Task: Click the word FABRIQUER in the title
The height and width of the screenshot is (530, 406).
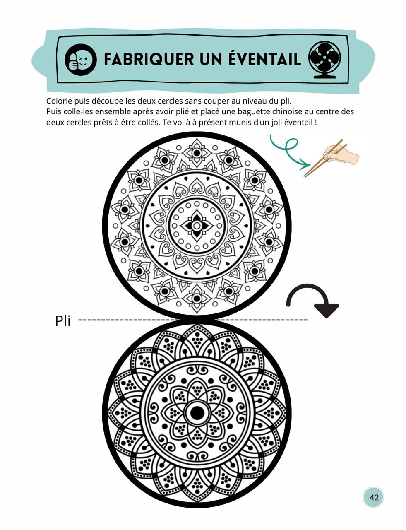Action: [149, 59]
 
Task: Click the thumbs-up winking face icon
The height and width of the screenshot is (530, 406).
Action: [81, 60]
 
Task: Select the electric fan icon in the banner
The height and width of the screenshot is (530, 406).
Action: [324, 60]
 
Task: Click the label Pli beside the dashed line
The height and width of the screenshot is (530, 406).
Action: [62, 321]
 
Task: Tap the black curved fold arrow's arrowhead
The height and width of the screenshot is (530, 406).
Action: [327, 310]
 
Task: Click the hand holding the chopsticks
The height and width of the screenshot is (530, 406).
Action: [341, 154]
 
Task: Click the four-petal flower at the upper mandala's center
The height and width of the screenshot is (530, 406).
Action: [196, 226]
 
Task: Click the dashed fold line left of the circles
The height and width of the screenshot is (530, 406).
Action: [129, 319]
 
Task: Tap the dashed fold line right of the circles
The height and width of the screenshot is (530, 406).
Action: [262, 319]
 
